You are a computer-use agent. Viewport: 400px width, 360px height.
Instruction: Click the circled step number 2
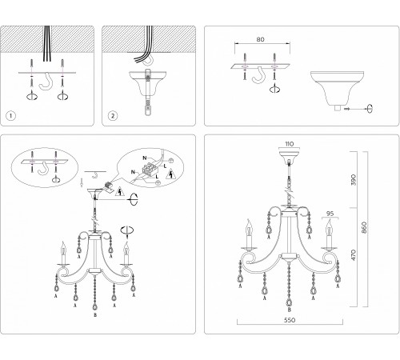tap(113, 114)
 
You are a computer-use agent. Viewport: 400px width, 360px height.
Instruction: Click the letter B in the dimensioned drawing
tap(289, 307)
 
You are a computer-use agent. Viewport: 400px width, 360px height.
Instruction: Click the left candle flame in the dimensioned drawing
tap(249, 223)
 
